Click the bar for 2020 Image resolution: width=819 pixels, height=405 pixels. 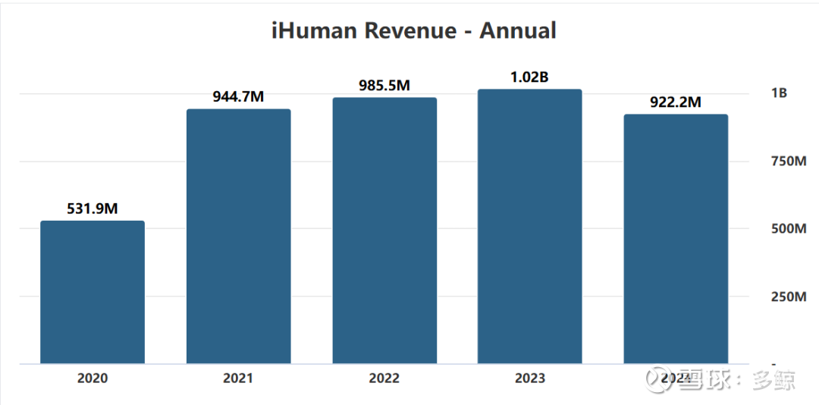[93, 292]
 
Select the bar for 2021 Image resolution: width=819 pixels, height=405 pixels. [239, 237]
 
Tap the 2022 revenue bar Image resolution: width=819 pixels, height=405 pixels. [384, 231]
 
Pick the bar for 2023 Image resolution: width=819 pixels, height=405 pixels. [529, 227]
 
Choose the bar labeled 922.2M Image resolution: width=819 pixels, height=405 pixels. [676, 239]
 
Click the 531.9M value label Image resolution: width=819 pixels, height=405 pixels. [93, 209]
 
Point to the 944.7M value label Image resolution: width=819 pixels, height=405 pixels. [239, 97]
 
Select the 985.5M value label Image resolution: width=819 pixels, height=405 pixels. [384, 86]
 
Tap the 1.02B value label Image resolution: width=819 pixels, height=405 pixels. [529, 77]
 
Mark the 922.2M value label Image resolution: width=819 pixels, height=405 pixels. [676, 102]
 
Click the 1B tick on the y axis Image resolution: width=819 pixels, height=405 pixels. [779, 93]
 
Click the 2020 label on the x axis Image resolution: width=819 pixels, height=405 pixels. [93, 378]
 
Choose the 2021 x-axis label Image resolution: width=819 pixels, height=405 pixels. [239, 378]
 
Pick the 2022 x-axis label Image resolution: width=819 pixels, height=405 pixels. [384, 378]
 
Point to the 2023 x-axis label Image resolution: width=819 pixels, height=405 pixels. [529, 378]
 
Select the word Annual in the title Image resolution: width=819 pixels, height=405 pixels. [518, 31]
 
